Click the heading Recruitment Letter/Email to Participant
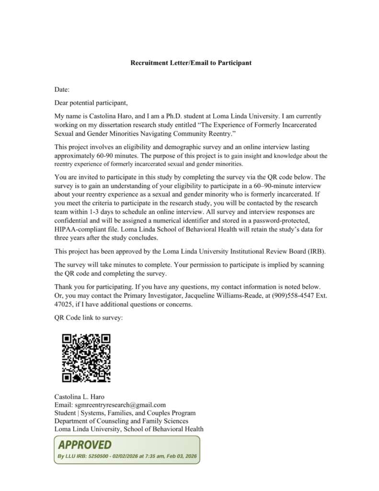[x=191, y=63]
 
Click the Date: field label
[x=62, y=90]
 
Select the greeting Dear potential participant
[x=91, y=103]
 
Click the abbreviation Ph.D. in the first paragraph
[x=177, y=116]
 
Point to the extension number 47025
[x=64, y=304]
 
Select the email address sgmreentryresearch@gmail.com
[x=121, y=405]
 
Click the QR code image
[x=87, y=358]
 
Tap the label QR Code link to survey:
[x=89, y=317]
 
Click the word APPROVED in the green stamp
[x=84, y=445]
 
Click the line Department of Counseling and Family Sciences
[x=121, y=421]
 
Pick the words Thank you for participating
[x=93, y=287]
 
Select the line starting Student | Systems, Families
[x=125, y=413]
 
